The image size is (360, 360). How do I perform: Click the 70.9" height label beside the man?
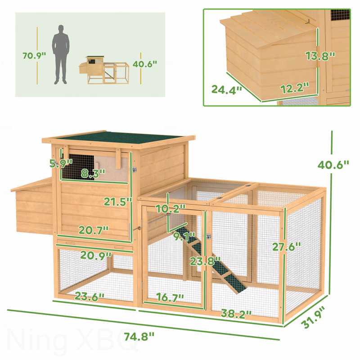coord(34,55)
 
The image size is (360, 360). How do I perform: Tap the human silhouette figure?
coord(61,54)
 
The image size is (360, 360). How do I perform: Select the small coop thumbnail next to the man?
coord(104,70)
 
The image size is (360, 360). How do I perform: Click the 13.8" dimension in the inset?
coord(320,56)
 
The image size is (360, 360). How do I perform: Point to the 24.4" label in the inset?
coord(227,89)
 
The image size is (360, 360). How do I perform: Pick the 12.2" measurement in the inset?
coord(295,88)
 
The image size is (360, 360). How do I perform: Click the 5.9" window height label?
coord(61,163)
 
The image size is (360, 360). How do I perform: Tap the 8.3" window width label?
coord(93,173)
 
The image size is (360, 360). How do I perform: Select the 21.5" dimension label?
coord(118,202)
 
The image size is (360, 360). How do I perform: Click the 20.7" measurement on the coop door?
coord(94,230)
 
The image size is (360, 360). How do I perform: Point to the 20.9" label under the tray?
coord(96,255)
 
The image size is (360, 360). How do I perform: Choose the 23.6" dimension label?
coord(90,297)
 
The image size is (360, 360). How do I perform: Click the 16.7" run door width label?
coord(170,297)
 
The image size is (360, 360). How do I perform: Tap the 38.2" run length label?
coord(236,313)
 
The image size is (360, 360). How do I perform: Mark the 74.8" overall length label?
coord(139,337)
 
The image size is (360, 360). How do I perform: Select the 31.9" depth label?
coord(314,317)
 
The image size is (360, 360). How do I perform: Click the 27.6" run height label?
coord(286,247)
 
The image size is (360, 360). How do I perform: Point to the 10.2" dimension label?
coord(171,209)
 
